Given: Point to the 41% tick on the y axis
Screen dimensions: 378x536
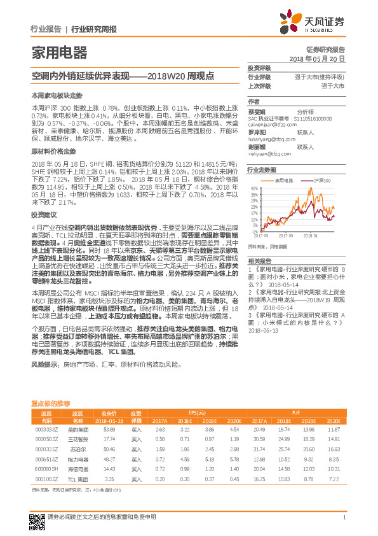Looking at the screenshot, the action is click(x=255, y=189).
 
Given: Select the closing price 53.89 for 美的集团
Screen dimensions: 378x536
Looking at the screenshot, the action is click(x=109, y=430).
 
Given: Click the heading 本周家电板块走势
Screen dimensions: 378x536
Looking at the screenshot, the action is click(x=57, y=94).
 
